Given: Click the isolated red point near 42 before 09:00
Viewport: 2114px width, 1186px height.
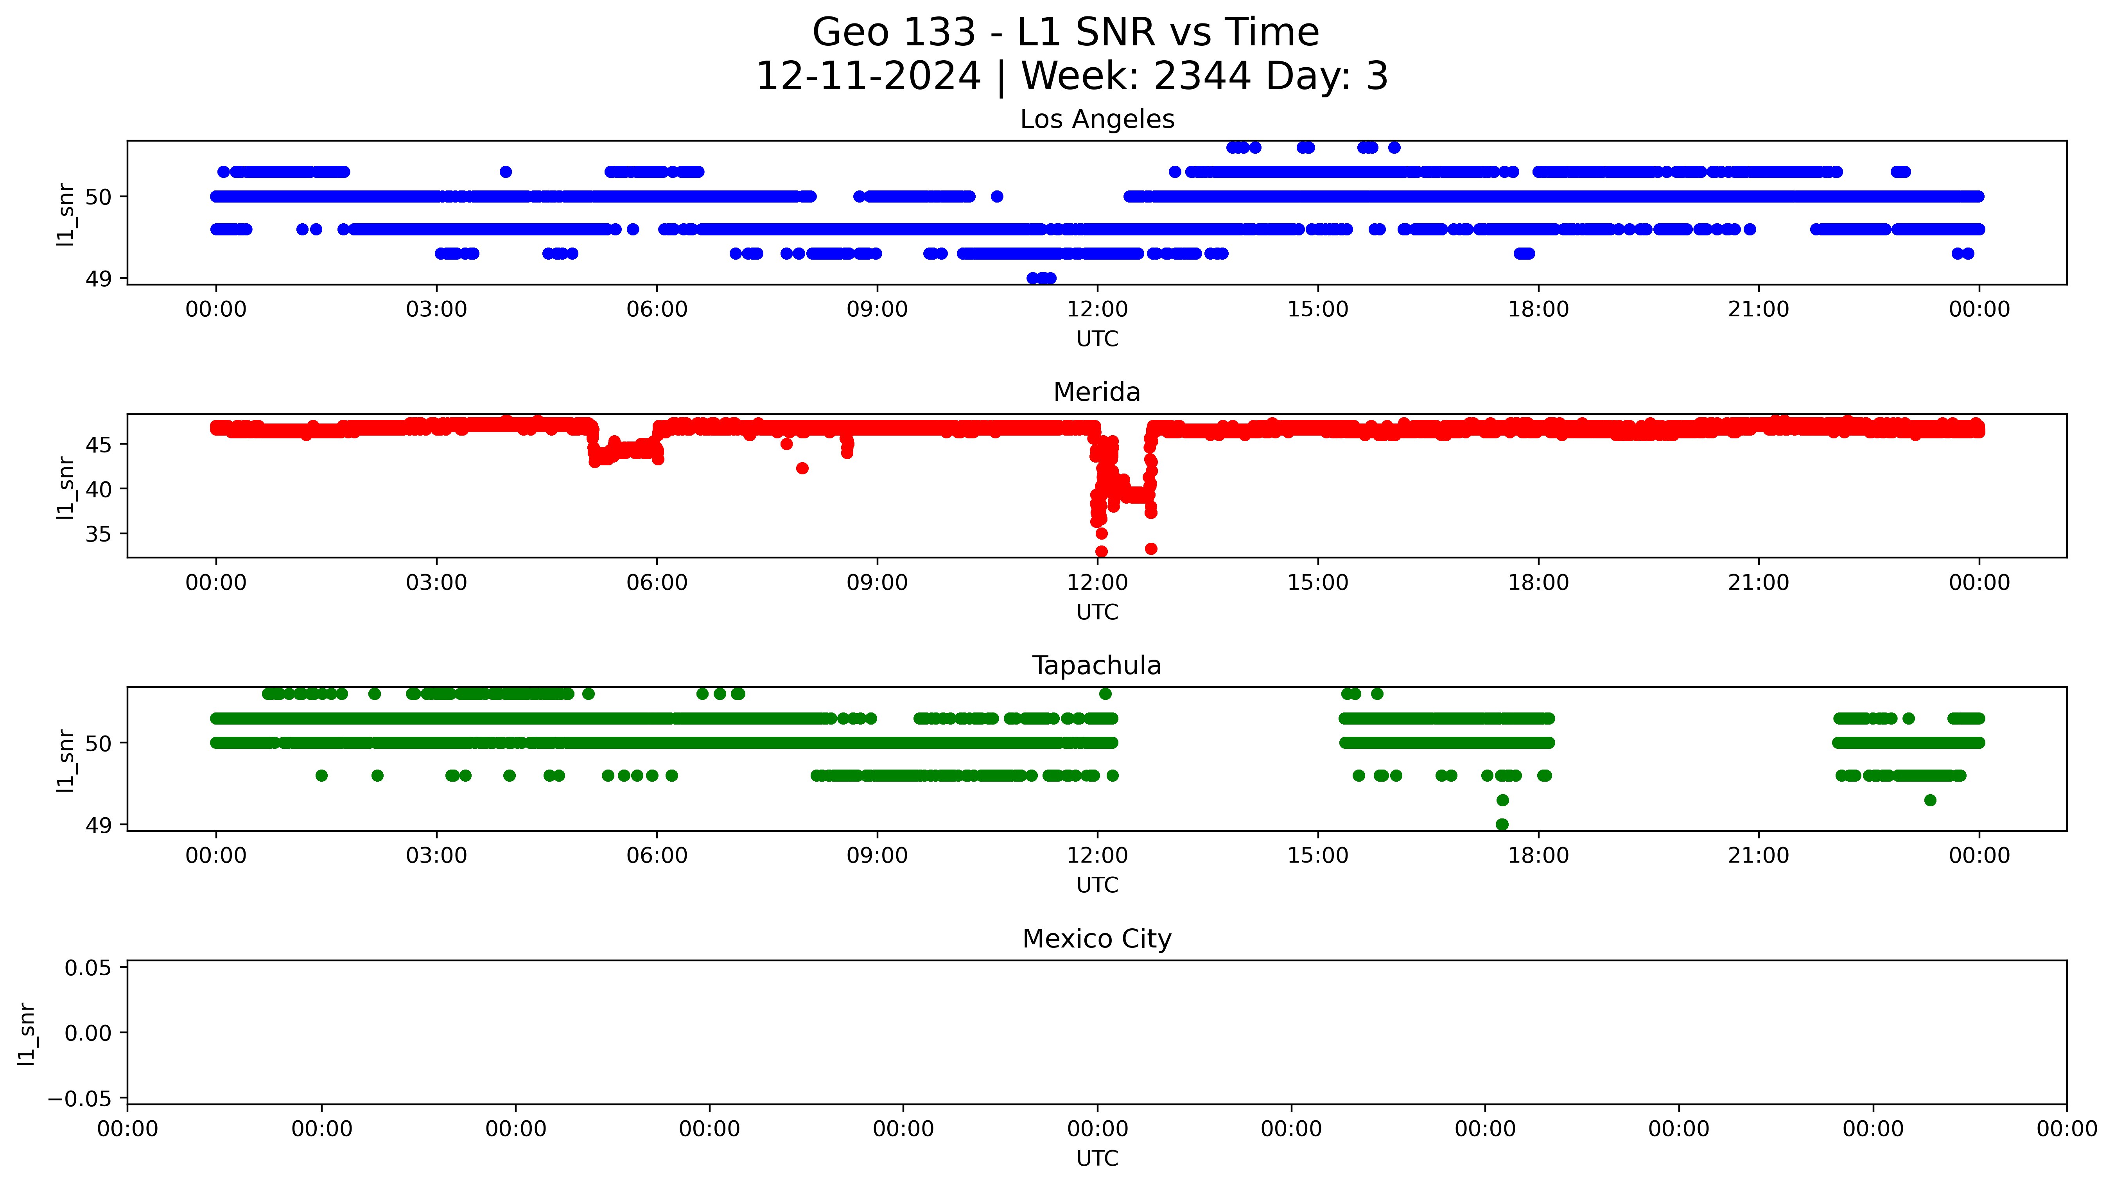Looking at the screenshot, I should click(802, 469).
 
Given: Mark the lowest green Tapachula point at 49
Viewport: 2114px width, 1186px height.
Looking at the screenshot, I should click(1502, 825).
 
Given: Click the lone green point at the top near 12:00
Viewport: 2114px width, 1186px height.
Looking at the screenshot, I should click(1105, 694).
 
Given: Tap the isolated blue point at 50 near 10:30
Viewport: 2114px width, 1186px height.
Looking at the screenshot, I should click(997, 197).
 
